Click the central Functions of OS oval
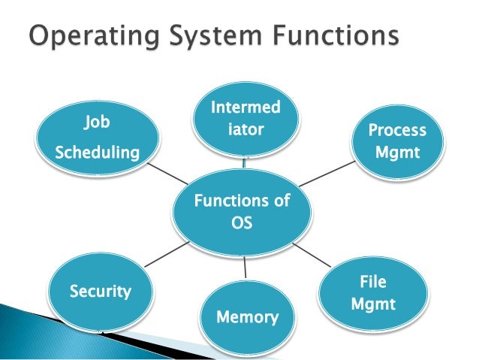point(242,211)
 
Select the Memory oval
point(246,316)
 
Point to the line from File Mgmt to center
point(312,256)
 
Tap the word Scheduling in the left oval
point(98,153)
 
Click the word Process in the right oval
point(396,131)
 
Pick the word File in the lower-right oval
point(373,282)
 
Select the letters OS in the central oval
point(242,223)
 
